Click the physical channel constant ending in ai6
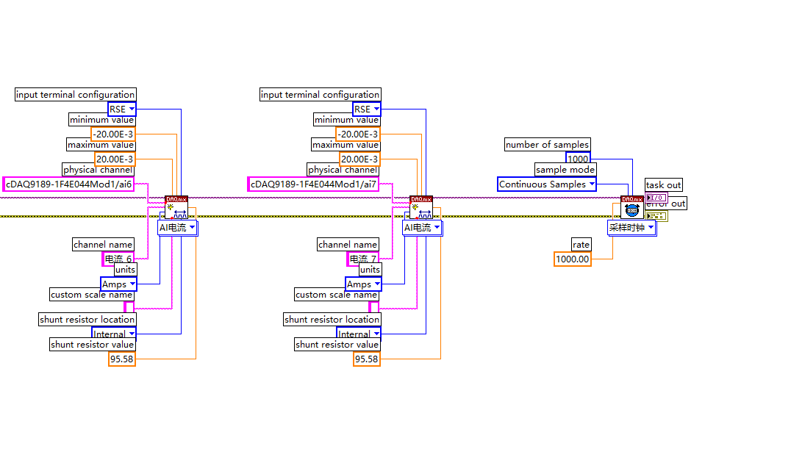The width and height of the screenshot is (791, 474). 69,184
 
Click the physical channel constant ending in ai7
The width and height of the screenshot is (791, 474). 313,184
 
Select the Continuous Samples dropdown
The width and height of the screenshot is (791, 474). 546,184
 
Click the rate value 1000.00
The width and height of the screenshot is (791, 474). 572,259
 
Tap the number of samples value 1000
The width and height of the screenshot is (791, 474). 577,159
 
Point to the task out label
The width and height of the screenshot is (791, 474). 663,184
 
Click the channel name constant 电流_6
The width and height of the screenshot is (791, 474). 118,259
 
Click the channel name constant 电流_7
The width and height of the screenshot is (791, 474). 362,259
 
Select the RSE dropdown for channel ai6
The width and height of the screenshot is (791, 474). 121,109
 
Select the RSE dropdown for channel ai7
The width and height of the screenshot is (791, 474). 366,109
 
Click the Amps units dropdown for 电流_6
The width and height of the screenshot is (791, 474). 118,284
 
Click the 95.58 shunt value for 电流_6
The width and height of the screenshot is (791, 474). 122,359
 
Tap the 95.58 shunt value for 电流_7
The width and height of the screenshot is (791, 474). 366,359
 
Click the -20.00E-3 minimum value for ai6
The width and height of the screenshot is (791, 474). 113,134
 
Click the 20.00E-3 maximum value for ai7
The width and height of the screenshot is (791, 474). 359,159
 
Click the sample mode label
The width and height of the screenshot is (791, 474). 565,170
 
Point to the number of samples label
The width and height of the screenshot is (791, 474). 547,145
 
